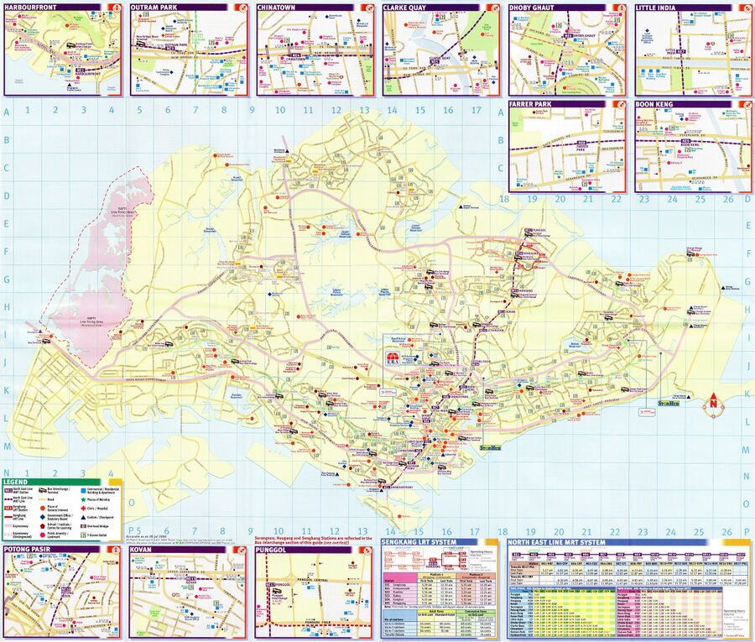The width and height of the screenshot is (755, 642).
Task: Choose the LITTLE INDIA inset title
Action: click(660, 7)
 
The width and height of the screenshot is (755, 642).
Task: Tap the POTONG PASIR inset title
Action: click(29, 549)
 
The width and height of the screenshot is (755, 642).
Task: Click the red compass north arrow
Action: click(713, 402)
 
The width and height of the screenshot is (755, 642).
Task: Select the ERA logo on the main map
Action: click(393, 359)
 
